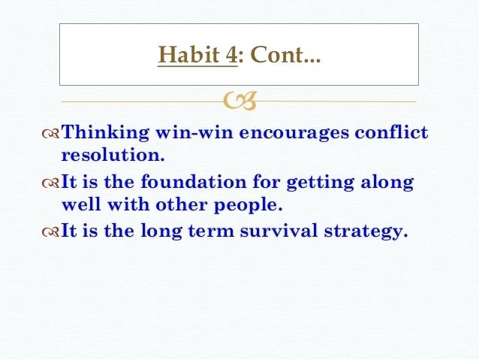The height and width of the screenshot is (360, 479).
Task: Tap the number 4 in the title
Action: tap(230, 56)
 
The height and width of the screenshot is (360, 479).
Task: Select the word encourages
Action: tap(290, 133)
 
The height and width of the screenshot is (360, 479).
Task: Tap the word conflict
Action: tap(393, 133)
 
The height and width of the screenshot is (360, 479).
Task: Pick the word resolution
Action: tap(110, 156)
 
